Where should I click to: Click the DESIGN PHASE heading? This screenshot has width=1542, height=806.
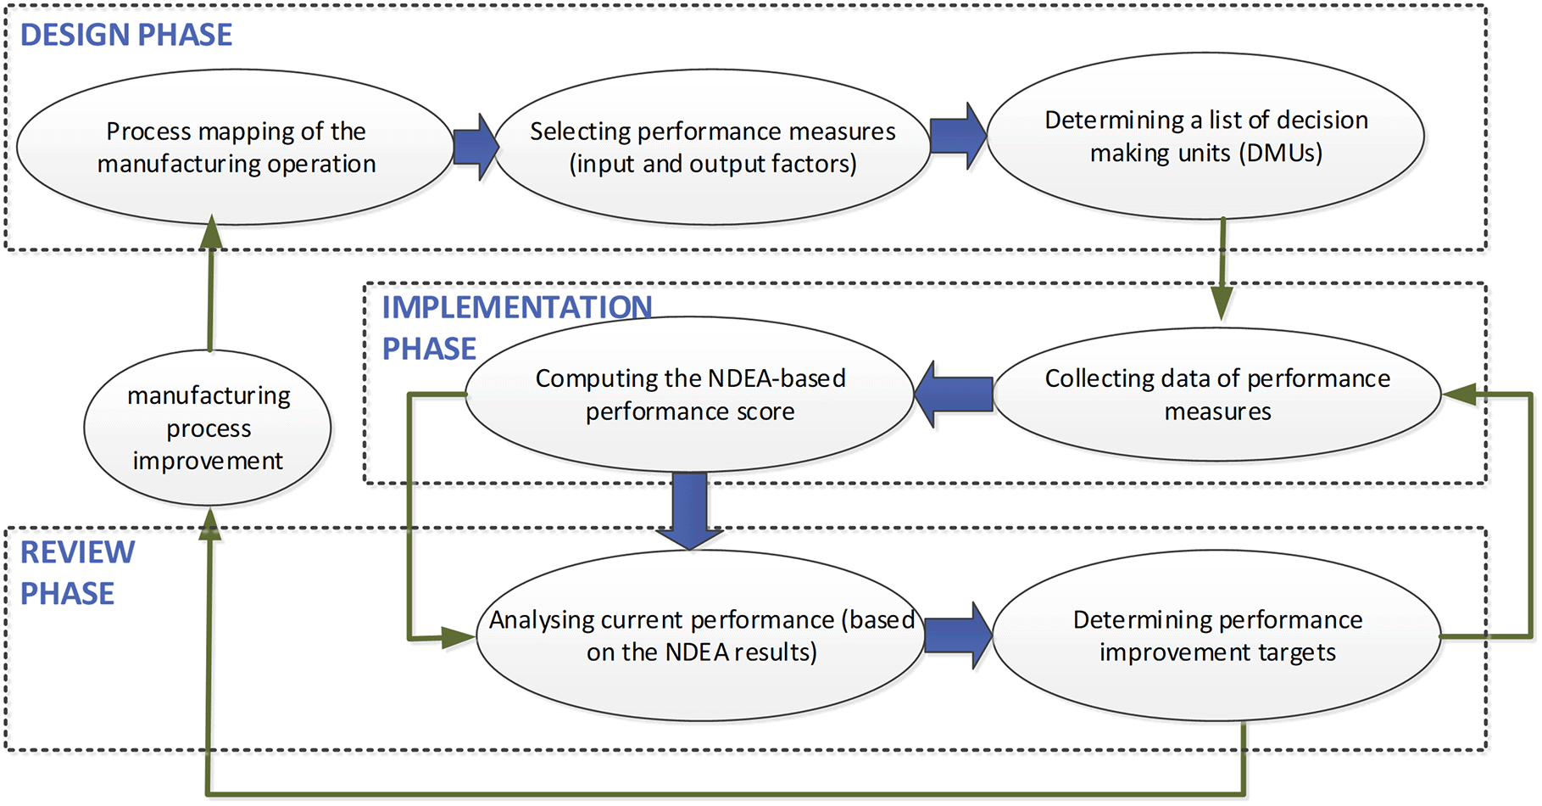(126, 35)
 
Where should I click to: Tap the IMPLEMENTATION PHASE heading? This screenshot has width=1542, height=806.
(516, 327)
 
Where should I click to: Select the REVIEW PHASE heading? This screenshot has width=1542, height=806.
(77, 573)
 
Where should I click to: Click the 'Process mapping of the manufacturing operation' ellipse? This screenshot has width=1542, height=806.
(236, 147)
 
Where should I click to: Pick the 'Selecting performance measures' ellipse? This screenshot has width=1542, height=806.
(713, 147)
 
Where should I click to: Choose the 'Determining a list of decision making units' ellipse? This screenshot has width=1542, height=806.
(1205, 136)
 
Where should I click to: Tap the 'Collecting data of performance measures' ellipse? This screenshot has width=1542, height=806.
(1217, 395)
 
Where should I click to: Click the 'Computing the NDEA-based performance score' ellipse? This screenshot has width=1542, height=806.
(690, 395)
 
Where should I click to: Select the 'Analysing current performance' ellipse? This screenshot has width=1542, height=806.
(701, 635)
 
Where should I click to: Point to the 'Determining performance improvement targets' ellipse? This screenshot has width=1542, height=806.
(1217, 635)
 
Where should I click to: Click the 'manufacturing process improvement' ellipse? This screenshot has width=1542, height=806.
(208, 428)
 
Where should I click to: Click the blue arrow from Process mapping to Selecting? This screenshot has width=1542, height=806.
(476, 147)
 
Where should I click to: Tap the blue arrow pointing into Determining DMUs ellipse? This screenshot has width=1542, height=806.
(959, 136)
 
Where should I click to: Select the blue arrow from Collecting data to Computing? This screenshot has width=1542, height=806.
(954, 395)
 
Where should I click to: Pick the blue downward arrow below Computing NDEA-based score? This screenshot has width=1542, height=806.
(690, 511)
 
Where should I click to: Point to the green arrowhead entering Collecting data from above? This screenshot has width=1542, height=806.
(1222, 304)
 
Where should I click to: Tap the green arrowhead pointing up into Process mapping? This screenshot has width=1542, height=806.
(211, 232)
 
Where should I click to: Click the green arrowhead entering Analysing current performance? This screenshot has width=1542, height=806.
(459, 637)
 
